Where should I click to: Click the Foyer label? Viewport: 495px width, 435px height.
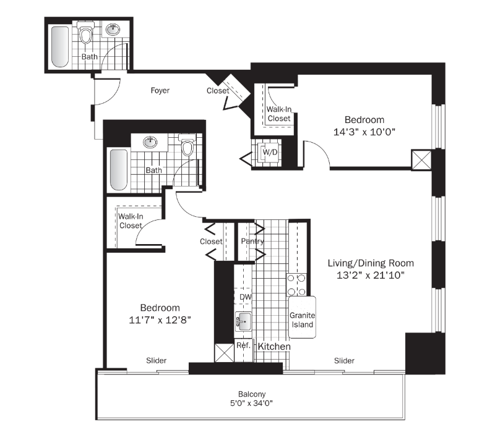[x=160, y=91]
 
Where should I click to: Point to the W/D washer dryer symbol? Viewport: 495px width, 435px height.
[x=269, y=151]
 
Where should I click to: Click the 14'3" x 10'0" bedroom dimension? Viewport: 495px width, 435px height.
[x=364, y=132]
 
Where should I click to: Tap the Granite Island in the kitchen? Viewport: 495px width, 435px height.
[x=302, y=318]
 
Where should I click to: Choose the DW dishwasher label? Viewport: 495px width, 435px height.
[x=245, y=297]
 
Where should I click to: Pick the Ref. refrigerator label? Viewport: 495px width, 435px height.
[x=243, y=345]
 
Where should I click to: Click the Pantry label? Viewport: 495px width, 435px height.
[x=252, y=242]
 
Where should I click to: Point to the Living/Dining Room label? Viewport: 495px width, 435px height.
[x=370, y=263]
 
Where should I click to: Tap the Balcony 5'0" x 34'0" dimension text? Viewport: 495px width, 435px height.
[x=251, y=403]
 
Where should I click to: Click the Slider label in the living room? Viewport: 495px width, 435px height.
[x=344, y=361]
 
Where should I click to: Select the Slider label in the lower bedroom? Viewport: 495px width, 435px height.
[x=157, y=361]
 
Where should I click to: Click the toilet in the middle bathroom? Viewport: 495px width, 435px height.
[x=187, y=148]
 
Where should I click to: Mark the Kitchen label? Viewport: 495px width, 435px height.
[x=273, y=347]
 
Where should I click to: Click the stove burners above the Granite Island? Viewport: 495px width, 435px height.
[x=298, y=284]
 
